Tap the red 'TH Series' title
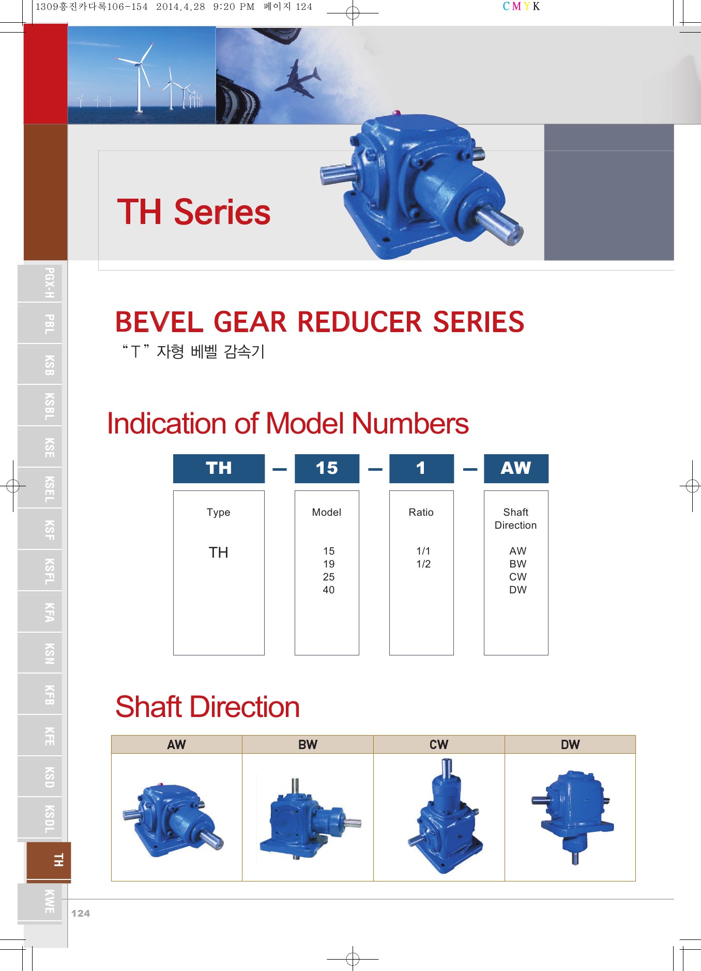pos(194,212)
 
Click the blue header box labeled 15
pos(327,468)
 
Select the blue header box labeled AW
pos(516,468)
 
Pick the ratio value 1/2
pos(423,564)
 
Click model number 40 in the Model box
pos(329,590)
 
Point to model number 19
pos(329,564)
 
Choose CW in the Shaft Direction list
pos(518,577)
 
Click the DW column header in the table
pos(570,744)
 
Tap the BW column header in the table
pos(308,744)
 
